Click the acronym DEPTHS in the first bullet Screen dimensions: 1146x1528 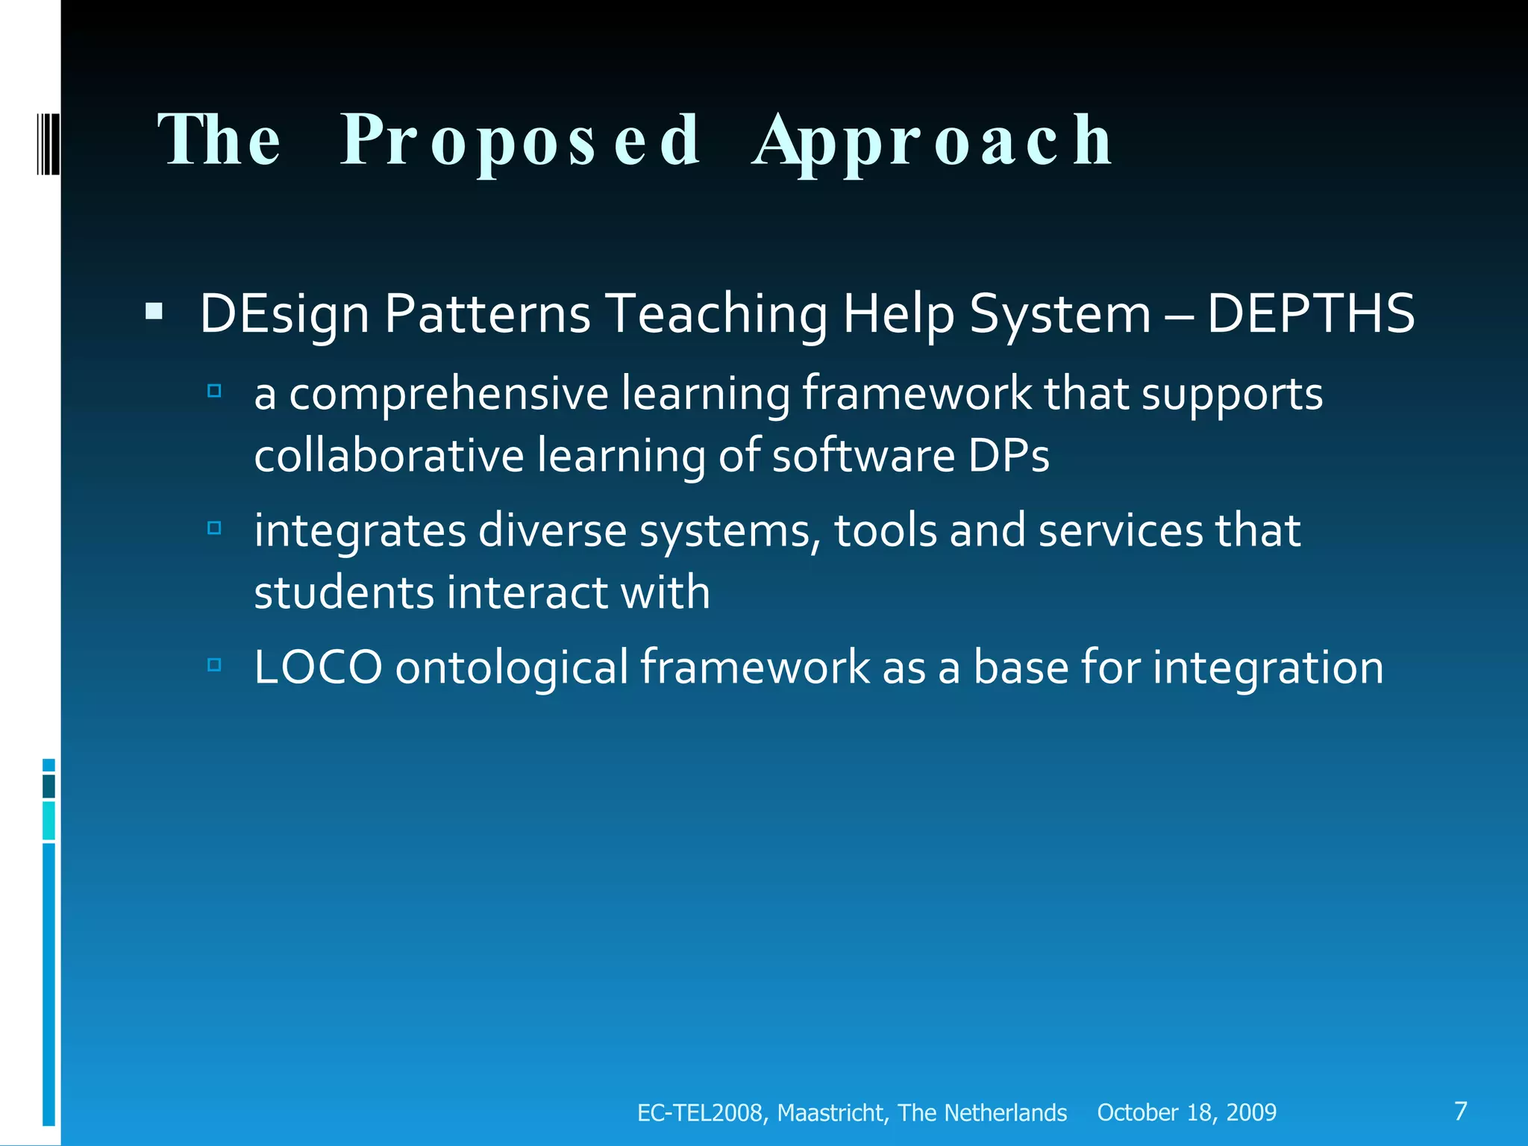click(x=1310, y=313)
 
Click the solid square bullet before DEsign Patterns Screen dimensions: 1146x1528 click(x=154, y=311)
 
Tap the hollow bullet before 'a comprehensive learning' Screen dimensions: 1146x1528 click(x=214, y=390)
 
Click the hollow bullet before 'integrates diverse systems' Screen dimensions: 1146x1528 click(x=214, y=528)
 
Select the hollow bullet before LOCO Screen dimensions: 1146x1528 click(x=214, y=664)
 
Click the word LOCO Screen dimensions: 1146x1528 click(x=318, y=667)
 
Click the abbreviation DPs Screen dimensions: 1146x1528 click(x=1009, y=456)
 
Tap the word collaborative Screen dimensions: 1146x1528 click(x=389, y=456)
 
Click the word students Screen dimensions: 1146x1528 click(x=344, y=592)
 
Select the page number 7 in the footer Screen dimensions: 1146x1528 click(x=1461, y=1111)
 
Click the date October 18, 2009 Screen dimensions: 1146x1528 click(x=1186, y=1112)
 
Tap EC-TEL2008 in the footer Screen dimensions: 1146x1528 click(x=699, y=1112)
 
